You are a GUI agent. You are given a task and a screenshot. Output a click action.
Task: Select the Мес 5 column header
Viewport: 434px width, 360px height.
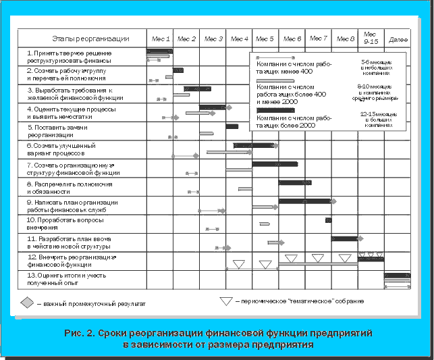point(266,39)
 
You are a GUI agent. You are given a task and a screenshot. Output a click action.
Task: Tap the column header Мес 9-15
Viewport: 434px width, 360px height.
point(371,38)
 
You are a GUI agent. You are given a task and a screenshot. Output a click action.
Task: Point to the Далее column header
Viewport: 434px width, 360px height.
point(398,40)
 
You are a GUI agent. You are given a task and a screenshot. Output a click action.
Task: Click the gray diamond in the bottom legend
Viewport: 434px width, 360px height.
point(27,303)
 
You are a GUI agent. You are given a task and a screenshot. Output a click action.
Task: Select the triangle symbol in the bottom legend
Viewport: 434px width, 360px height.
point(225,301)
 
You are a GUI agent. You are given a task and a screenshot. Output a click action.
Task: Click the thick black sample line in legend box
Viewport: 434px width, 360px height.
point(275,110)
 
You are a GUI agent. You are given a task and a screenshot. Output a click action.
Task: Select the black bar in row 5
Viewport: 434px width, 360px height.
point(232,126)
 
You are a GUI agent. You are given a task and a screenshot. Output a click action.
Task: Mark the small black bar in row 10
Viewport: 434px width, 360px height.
point(328,220)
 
